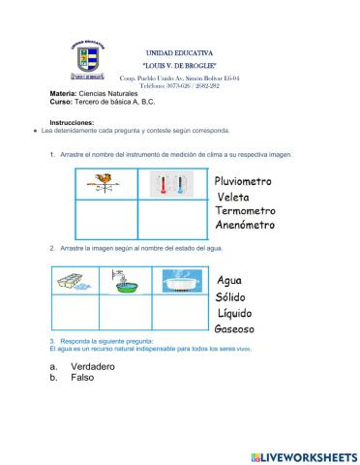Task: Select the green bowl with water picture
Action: tap(129, 281)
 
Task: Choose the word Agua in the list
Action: tap(230, 281)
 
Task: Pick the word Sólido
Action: tap(235, 297)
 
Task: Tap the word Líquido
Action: tap(237, 314)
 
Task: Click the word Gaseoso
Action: tap(237, 329)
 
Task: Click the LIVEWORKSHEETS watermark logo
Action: tap(303, 455)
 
